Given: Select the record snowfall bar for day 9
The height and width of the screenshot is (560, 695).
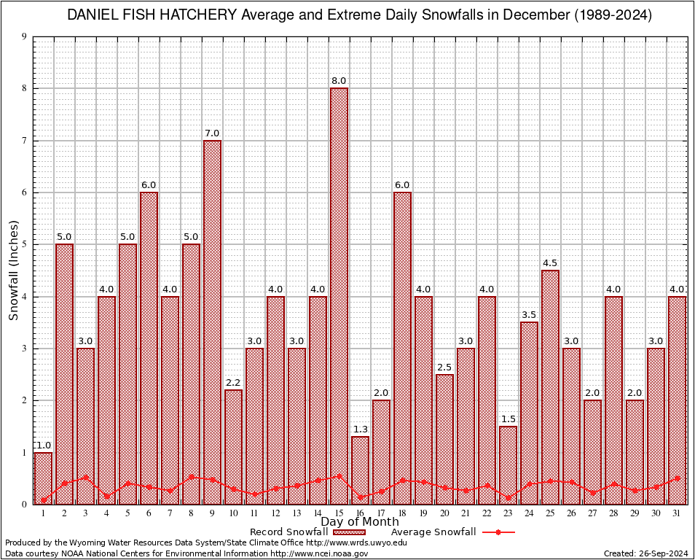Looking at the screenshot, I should click(212, 322).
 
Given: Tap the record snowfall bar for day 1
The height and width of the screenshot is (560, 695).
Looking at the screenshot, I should click(43, 478).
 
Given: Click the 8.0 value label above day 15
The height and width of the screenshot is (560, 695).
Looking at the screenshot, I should click(339, 81).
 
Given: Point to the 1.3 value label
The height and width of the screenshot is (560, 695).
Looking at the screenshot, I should click(360, 429).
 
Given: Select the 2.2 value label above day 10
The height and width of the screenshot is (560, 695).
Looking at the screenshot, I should click(233, 383).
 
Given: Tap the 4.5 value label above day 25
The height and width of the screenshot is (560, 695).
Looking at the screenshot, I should click(550, 263).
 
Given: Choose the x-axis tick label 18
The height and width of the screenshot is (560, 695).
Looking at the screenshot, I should click(402, 513).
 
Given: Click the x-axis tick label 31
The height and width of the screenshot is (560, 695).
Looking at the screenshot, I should click(677, 513).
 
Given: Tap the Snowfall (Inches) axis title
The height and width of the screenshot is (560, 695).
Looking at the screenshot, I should click(13, 271).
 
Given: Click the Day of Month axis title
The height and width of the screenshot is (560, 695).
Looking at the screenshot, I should click(359, 522).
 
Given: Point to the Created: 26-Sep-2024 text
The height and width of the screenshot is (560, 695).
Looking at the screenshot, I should click(646, 553).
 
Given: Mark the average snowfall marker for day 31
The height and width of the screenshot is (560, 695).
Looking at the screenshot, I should click(677, 478).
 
